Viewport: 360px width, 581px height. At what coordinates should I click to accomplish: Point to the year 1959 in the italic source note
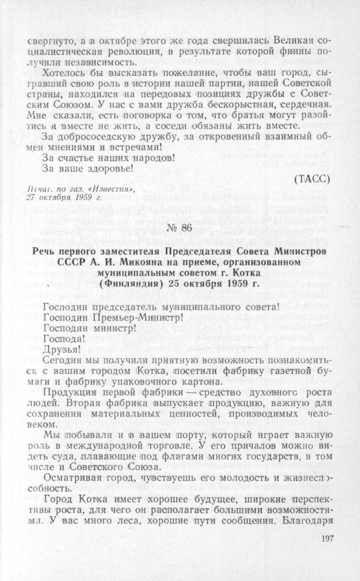click(x=68, y=198)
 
